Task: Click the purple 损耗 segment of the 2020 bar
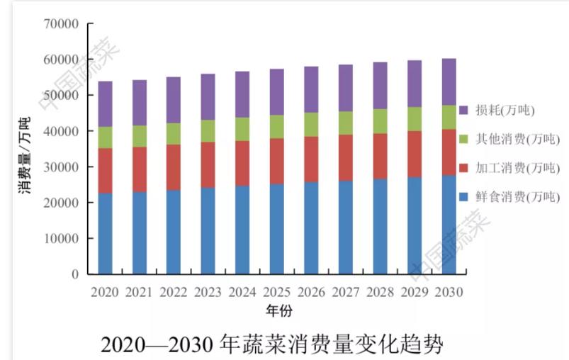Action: [x=105, y=104]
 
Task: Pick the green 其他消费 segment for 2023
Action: [x=208, y=131]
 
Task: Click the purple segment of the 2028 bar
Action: [x=380, y=86]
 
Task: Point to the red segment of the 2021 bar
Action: [x=139, y=169]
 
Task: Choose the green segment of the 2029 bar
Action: [x=414, y=119]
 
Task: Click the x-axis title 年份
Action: [x=279, y=310]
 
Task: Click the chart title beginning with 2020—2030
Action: [x=272, y=344]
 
